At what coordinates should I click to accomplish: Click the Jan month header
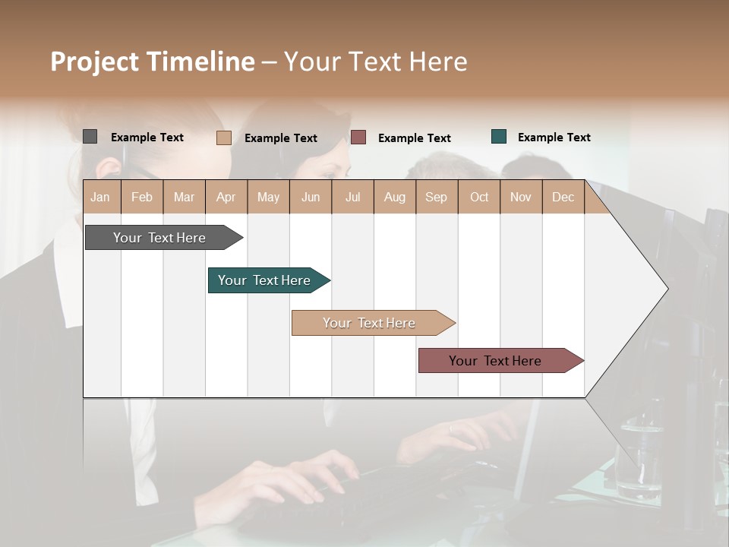tap(100, 197)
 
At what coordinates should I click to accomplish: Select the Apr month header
tap(226, 197)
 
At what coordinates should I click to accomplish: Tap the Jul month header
tap(352, 197)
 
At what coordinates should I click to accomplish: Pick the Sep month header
tap(436, 197)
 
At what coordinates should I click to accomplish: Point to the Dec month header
tap(563, 197)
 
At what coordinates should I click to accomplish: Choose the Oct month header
tap(479, 197)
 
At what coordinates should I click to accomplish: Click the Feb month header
tap(142, 197)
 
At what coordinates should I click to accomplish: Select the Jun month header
tap(311, 197)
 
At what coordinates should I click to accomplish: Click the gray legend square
tap(90, 137)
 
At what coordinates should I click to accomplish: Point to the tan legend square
tap(223, 138)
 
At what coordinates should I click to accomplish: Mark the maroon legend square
tap(358, 137)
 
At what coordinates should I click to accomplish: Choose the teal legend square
tap(498, 137)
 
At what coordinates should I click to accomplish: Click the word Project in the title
tap(95, 62)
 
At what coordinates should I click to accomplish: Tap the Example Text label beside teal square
tap(554, 138)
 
